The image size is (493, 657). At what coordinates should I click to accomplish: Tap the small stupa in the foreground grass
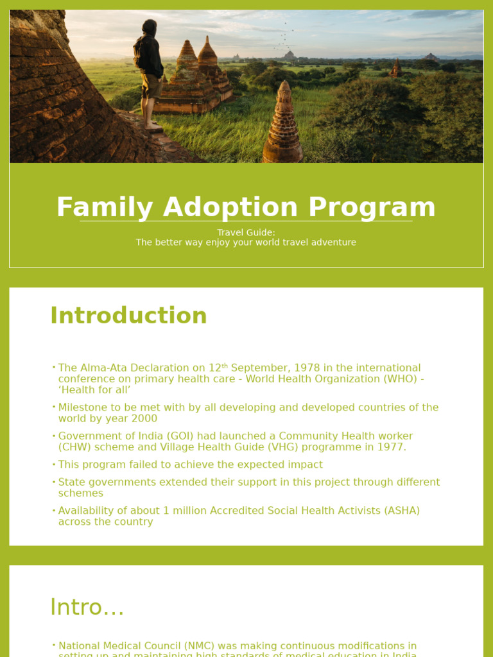(282, 128)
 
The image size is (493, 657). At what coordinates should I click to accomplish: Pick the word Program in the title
(372, 207)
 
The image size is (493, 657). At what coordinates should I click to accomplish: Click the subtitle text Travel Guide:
(246, 232)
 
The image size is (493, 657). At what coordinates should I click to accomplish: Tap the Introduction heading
(128, 316)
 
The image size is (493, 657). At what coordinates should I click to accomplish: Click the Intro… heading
(87, 607)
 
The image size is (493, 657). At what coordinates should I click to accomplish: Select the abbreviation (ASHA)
(402, 511)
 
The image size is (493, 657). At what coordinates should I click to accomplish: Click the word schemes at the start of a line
(81, 493)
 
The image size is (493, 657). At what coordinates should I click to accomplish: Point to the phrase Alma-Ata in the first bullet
(100, 368)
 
